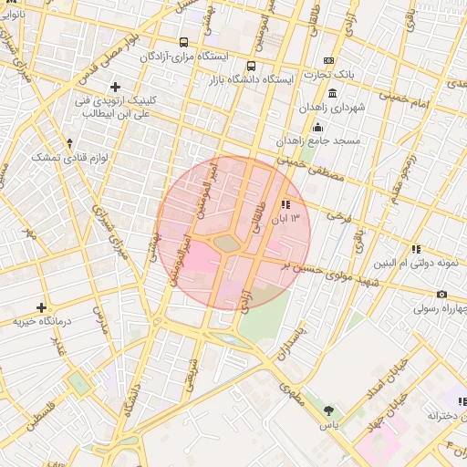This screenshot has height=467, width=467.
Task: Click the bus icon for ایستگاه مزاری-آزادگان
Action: [x=184, y=42]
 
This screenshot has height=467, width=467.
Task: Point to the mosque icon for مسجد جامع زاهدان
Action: [x=317, y=127]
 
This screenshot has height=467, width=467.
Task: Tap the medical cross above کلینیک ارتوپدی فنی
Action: [x=115, y=86]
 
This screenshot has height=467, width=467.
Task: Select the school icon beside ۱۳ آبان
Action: [x=285, y=204]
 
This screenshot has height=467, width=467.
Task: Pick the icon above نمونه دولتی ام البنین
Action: [x=416, y=248]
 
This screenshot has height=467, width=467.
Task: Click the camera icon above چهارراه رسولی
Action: [x=441, y=294]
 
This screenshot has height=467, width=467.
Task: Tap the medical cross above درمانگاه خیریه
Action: [x=41, y=307]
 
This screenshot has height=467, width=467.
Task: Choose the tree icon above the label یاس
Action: [x=328, y=410]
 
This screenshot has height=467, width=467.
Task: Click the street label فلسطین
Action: [x=41, y=415]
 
